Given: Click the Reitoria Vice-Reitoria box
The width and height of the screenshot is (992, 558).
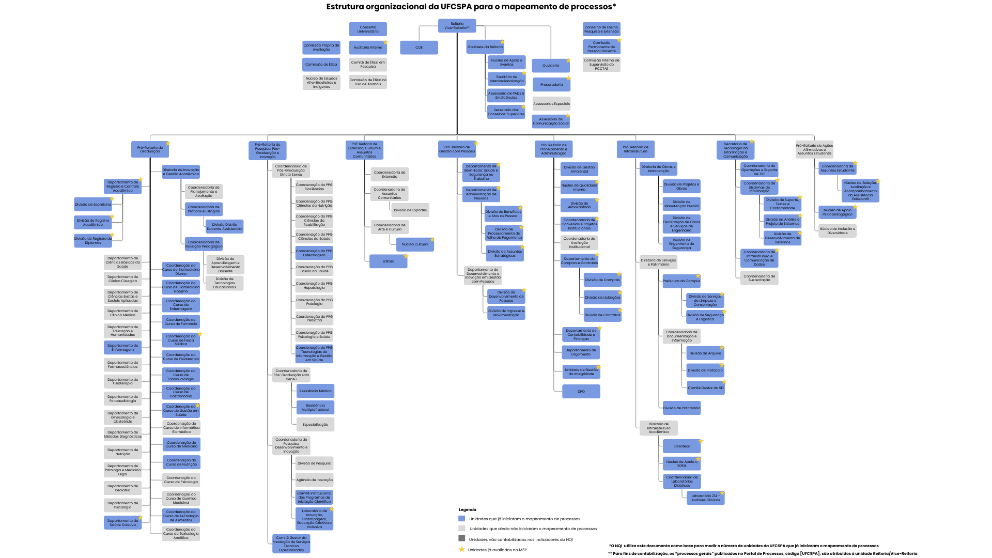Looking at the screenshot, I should pos(457,26).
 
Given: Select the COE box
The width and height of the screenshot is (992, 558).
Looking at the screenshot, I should pos(419,48).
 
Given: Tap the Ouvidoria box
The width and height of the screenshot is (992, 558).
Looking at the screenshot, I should pos(551,66).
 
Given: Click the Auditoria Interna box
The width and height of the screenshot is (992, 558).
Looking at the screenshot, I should pos(368,48).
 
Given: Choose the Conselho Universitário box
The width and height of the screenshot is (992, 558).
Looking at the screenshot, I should pos(368,29).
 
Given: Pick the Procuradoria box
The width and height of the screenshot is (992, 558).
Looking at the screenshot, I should pos(551,85).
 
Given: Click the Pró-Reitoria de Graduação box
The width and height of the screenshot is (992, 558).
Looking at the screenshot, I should pos(150,149).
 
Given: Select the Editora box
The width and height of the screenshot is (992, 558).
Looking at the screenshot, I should pos(388,261).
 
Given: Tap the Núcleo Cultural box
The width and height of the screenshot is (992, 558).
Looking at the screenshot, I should pos(415,244).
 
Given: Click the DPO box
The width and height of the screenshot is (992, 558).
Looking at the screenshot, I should pos(581,392).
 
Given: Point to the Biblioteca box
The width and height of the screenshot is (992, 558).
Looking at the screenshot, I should pos(681,446).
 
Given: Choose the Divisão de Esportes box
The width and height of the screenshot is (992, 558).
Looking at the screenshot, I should pos(410,210).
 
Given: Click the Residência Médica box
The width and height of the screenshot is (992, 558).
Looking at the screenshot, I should pos(315,391).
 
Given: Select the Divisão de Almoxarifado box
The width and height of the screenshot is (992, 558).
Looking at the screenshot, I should pos(579,205).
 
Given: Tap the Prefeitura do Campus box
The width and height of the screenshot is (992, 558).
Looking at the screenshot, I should pos(681,281).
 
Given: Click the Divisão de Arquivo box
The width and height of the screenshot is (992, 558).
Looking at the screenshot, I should pos(705,353).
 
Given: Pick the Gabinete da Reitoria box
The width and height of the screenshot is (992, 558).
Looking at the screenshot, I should pos(485,47).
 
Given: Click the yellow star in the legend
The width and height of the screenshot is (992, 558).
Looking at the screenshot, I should pos(462,550).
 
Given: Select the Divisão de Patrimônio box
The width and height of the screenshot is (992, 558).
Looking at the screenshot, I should pos(681,408).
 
